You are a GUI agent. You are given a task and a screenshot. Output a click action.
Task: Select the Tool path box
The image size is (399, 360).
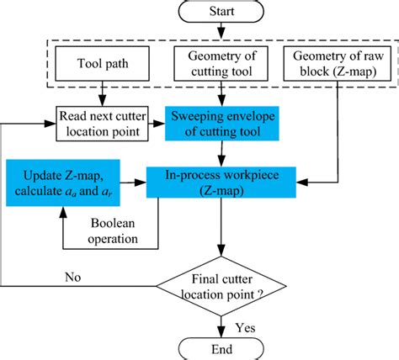click(x=102, y=64)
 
